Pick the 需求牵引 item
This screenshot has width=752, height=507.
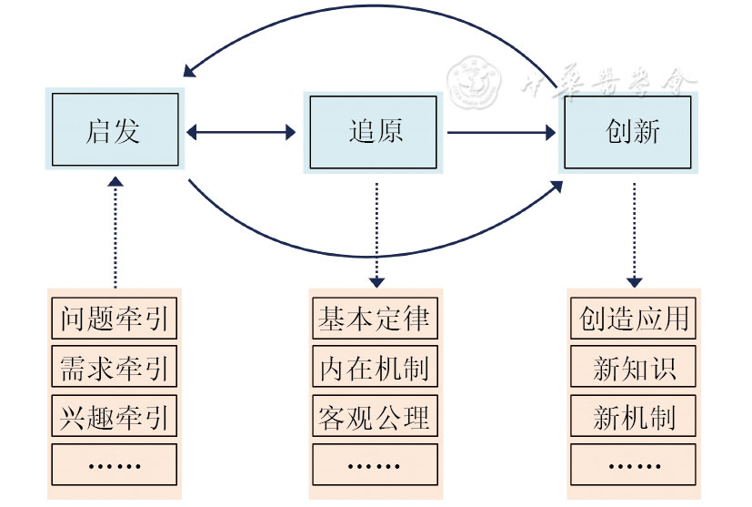coord(115,369)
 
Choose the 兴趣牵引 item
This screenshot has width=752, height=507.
coord(115,418)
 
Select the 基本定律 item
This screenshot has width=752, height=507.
coord(376,319)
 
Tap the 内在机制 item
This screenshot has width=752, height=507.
coord(376,369)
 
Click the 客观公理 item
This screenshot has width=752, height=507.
coord(376,418)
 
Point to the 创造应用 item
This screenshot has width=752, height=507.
coord(634,319)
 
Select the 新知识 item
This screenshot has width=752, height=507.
coord(634,369)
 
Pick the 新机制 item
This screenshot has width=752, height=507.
coord(634,418)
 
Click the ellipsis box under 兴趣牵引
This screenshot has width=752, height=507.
coord(115,464)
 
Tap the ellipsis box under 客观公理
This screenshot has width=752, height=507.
coord(376,464)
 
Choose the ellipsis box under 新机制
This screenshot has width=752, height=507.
coord(634,464)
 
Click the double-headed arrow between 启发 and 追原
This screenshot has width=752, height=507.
coord(241,133)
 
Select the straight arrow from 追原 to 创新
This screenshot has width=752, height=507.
coord(501,133)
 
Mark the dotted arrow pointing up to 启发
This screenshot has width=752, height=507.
coord(115,232)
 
